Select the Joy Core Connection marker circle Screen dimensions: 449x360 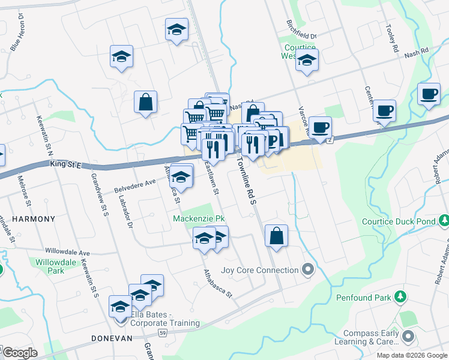309,269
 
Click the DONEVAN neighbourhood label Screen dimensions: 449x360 111,338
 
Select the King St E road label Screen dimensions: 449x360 67,163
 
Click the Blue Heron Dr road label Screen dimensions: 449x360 17,40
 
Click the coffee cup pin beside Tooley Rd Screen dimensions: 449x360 429,94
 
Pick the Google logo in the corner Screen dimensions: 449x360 20,353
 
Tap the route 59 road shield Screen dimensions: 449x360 163,332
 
